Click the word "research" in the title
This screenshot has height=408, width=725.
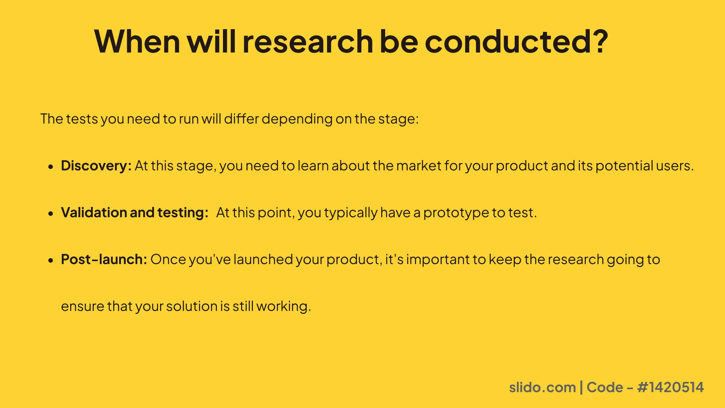[x=308, y=41]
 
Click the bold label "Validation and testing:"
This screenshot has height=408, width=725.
[x=135, y=212]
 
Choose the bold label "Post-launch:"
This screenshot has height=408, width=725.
[x=104, y=260]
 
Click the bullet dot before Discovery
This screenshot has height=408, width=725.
[x=51, y=166]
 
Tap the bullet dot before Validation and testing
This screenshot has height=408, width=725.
[x=51, y=214]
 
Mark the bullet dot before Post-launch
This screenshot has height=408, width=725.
[x=51, y=260]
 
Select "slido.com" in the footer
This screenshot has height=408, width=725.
[x=542, y=387]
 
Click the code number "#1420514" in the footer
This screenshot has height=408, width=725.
[x=670, y=387]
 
